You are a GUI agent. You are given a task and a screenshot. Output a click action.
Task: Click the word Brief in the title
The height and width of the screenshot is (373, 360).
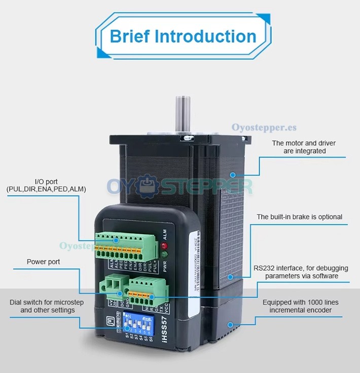point(129,36)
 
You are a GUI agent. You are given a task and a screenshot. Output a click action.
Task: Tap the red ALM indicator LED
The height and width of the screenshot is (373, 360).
point(163,247)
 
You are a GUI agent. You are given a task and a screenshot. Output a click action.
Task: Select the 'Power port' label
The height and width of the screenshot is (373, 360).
point(43,262)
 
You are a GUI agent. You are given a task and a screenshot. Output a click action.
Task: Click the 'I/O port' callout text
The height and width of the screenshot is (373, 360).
point(46,185)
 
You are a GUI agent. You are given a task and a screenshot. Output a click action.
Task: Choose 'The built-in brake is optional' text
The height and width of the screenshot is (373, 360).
point(299,217)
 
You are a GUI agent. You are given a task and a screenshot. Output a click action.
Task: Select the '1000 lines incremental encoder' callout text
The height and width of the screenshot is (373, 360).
point(300,306)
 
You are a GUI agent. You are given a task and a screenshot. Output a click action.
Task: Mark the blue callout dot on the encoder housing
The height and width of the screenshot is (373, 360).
point(231,324)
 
